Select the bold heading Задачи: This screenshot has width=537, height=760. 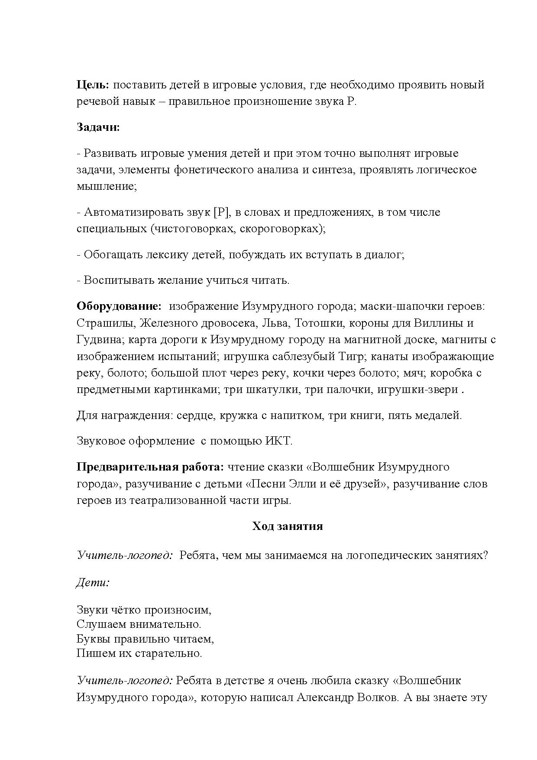[98, 127]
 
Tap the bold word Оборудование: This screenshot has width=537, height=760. [119, 306]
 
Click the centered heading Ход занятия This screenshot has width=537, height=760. [288, 526]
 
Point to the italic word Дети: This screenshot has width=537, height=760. [93, 582]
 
